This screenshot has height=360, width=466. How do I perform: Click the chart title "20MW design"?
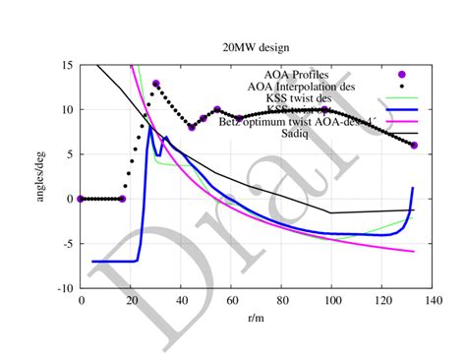(x=253, y=46)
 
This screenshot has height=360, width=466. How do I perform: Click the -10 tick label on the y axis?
(x=63, y=289)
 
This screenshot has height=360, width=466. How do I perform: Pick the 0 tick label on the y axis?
(x=69, y=200)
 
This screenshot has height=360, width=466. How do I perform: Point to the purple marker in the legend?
(x=401, y=75)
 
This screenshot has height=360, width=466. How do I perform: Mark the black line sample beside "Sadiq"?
(x=401, y=134)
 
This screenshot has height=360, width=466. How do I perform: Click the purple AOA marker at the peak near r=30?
(x=155, y=84)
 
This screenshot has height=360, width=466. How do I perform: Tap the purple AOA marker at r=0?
(x=81, y=199)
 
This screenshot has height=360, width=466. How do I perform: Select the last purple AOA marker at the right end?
(x=414, y=146)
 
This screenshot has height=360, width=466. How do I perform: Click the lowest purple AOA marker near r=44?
(x=192, y=127)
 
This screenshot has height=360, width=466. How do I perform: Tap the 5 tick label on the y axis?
(x=69, y=154)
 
